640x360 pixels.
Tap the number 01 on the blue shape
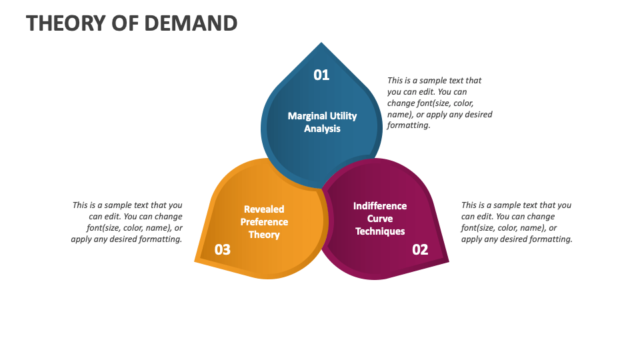click(321, 75)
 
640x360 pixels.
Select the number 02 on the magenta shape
click(420, 250)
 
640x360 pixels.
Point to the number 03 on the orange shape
click(222, 250)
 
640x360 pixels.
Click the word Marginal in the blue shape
click(308, 116)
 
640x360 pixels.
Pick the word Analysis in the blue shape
click(322, 129)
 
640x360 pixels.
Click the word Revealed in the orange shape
click(264, 209)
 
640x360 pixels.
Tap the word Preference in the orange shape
click(264, 222)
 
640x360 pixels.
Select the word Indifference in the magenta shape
click(380, 206)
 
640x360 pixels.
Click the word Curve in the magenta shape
click(380, 219)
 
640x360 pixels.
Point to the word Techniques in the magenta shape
click(380, 231)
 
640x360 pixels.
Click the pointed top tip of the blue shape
click(322, 43)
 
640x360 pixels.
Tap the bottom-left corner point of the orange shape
click(195, 261)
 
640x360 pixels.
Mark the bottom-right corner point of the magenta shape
click(448, 261)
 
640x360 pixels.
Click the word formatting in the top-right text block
click(409, 125)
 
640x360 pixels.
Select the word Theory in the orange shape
click(264, 235)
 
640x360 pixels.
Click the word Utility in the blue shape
click(343, 116)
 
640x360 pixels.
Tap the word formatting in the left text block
click(159, 239)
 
